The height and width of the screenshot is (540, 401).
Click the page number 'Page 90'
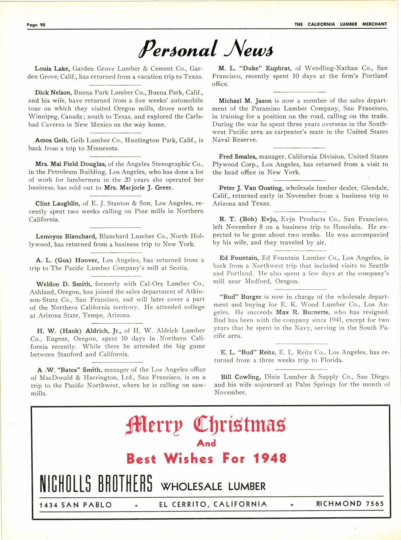(35, 25)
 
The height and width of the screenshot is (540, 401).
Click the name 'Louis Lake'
(49, 68)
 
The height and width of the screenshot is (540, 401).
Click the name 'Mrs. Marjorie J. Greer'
(138, 187)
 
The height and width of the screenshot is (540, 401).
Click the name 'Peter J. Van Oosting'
(249, 187)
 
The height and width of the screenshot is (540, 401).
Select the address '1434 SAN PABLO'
(76, 504)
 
